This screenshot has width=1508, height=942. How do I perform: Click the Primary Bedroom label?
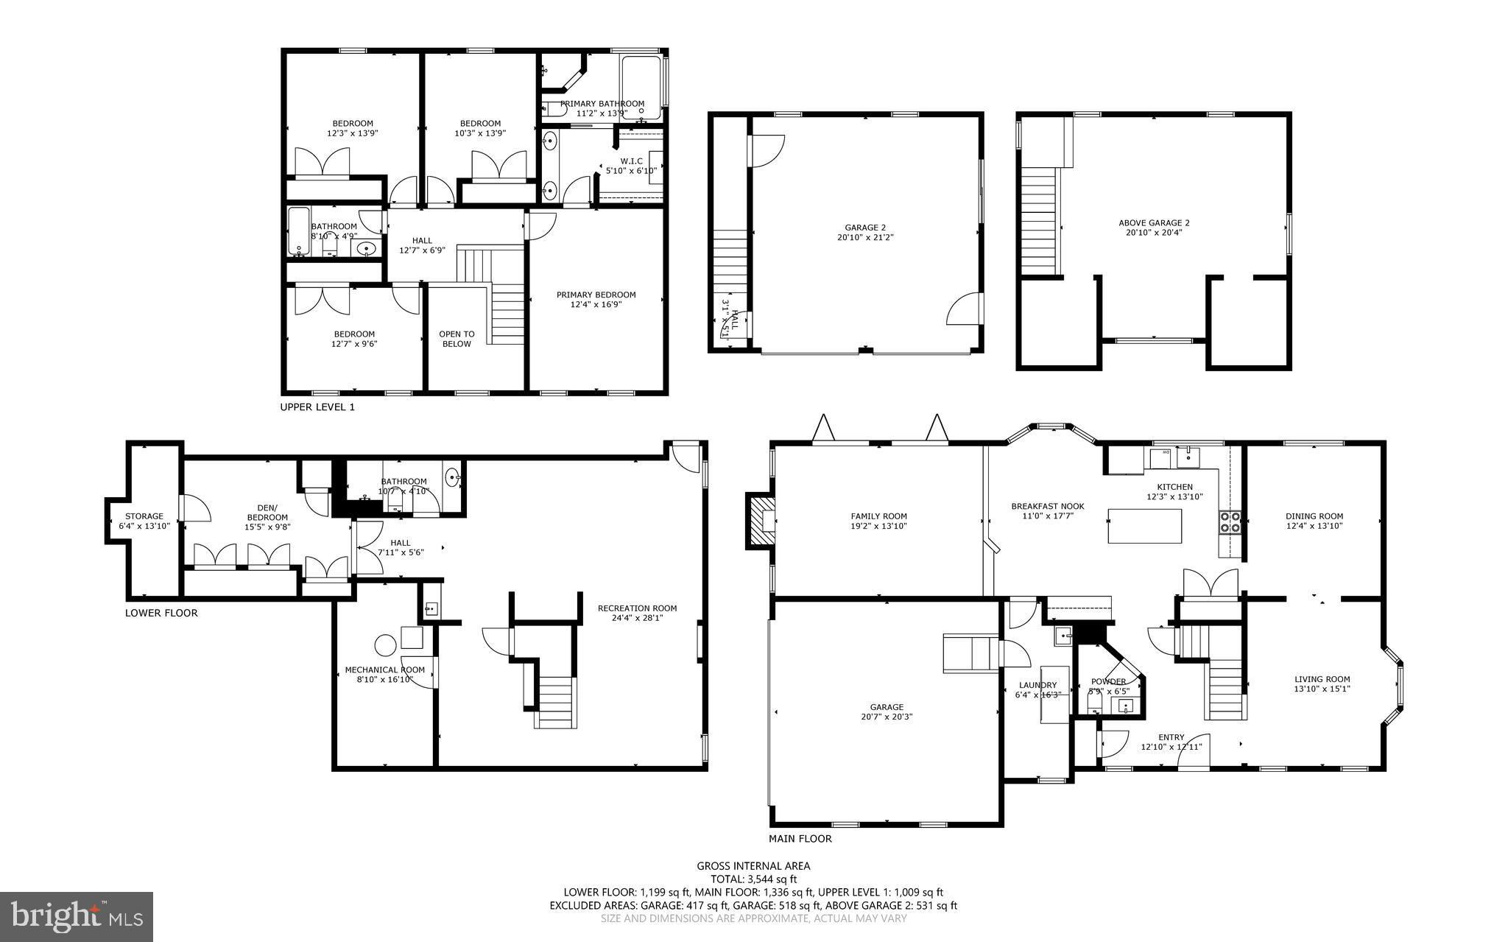coord(596,295)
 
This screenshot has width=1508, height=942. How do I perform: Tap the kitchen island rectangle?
coord(1144,526)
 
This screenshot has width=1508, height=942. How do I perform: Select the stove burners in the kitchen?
coord(1230,521)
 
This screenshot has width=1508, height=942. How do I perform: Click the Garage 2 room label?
coord(865,228)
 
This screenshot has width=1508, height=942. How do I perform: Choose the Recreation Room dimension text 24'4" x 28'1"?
coord(637,618)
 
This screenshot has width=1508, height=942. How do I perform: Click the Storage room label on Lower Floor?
coord(144,516)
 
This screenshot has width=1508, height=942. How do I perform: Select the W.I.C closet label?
coord(631,161)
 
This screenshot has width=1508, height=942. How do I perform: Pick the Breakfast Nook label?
coord(1047,506)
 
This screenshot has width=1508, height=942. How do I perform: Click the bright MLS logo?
coord(77,916)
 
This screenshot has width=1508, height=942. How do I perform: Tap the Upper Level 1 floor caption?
coord(317,407)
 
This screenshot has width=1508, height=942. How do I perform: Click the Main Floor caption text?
coord(800,838)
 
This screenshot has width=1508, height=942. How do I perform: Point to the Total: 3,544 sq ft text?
coord(753,879)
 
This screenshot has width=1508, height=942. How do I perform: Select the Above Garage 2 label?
coord(1154,222)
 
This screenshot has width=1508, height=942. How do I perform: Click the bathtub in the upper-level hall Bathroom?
coord(298,232)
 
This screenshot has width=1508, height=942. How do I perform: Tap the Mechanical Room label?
coord(384,669)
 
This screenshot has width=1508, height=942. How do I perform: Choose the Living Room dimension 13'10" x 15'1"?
coord(1322,689)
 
